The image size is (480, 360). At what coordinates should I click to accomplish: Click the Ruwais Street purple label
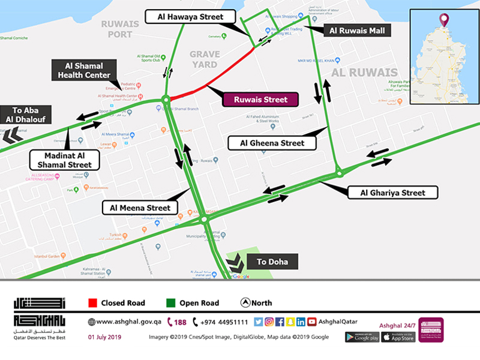tap(260, 100)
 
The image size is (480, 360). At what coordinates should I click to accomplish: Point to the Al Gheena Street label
tap(272, 143)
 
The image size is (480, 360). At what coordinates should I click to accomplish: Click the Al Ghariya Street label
tap(392, 193)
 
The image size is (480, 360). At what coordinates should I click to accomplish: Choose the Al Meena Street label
tap(140, 208)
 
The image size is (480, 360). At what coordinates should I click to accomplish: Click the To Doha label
tap(272, 262)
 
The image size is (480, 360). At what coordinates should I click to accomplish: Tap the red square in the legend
tap(92, 303)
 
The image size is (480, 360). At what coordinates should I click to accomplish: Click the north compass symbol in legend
tap(245, 303)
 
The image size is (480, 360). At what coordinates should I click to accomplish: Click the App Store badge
tap(398, 337)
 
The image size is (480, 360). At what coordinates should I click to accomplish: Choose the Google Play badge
tap(362, 337)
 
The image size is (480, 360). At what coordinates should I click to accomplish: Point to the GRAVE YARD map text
tap(205, 58)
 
